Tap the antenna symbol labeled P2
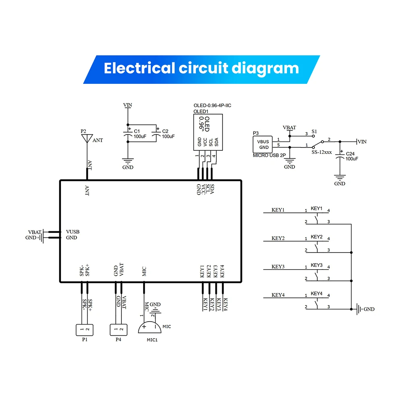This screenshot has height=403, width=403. click(x=86, y=138)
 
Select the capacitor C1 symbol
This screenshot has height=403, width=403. click(x=128, y=135)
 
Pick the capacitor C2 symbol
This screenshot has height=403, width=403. click(x=156, y=135)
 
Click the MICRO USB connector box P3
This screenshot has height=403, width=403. click(x=263, y=144)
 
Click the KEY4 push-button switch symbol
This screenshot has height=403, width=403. click(x=317, y=302)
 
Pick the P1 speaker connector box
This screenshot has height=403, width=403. click(x=85, y=330)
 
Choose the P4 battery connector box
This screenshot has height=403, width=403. click(x=118, y=330)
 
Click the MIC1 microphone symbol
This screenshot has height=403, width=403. click(x=150, y=327)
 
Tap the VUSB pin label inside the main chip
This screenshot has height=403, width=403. click(x=73, y=232)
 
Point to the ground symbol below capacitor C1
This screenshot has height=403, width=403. click(x=128, y=161)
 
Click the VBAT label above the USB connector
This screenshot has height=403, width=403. click(x=289, y=127)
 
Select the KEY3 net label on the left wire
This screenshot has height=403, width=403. click(x=278, y=267)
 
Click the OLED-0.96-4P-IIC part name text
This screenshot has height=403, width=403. click(x=212, y=106)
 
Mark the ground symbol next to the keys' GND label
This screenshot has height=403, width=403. click(x=358, y=309)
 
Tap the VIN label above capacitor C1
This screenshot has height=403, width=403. click(x=127, y=105)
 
